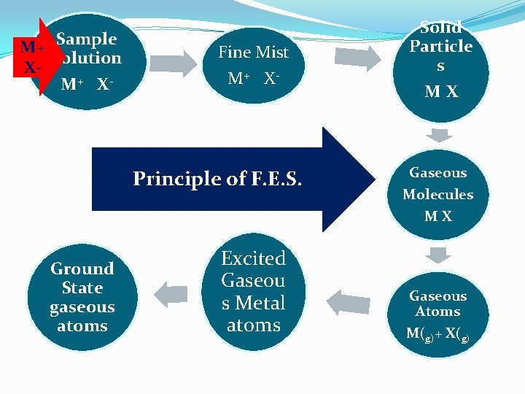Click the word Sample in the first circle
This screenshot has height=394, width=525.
(x=87, y=39)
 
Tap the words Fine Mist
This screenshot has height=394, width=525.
(x=253, y=53)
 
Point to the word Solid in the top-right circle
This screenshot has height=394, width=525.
(x=441, y=28)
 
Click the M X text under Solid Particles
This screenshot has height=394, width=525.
(x=442, y=92)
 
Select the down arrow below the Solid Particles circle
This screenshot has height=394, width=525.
(x=440, y=135)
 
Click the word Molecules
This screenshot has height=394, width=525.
(x=437, y=194)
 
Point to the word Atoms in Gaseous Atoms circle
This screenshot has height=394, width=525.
(x=437, y=312)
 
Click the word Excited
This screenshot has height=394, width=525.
(x=253, y=258)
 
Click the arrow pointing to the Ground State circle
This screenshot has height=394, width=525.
(x=172, y=293)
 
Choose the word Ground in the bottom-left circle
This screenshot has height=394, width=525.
(x=82, y=269)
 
